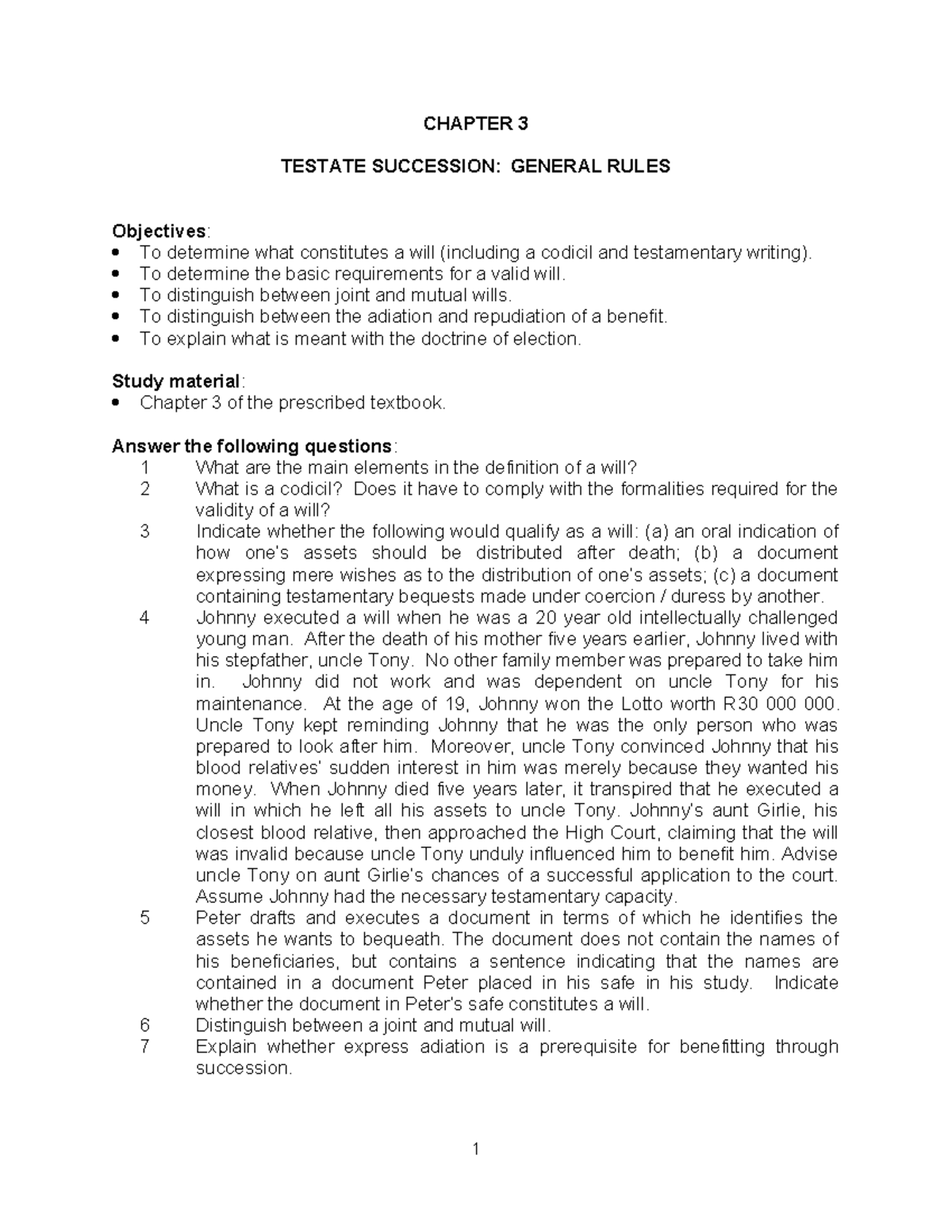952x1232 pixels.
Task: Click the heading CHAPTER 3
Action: point(475,124)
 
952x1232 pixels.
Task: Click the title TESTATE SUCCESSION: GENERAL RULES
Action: point(476,166)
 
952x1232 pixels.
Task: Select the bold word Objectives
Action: point(159,231)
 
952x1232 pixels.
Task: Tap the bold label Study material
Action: point(175,381)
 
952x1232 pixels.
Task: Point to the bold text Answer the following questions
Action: point(251,446)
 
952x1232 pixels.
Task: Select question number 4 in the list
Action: point(144,617)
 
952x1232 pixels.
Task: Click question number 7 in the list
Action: point(144,1046)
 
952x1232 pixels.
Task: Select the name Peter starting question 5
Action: point(217,918)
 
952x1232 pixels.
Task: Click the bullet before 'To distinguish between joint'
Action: point(118,295)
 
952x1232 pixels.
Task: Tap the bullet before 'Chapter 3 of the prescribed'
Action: point(118,403)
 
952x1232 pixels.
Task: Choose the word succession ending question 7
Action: point(242,1068)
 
